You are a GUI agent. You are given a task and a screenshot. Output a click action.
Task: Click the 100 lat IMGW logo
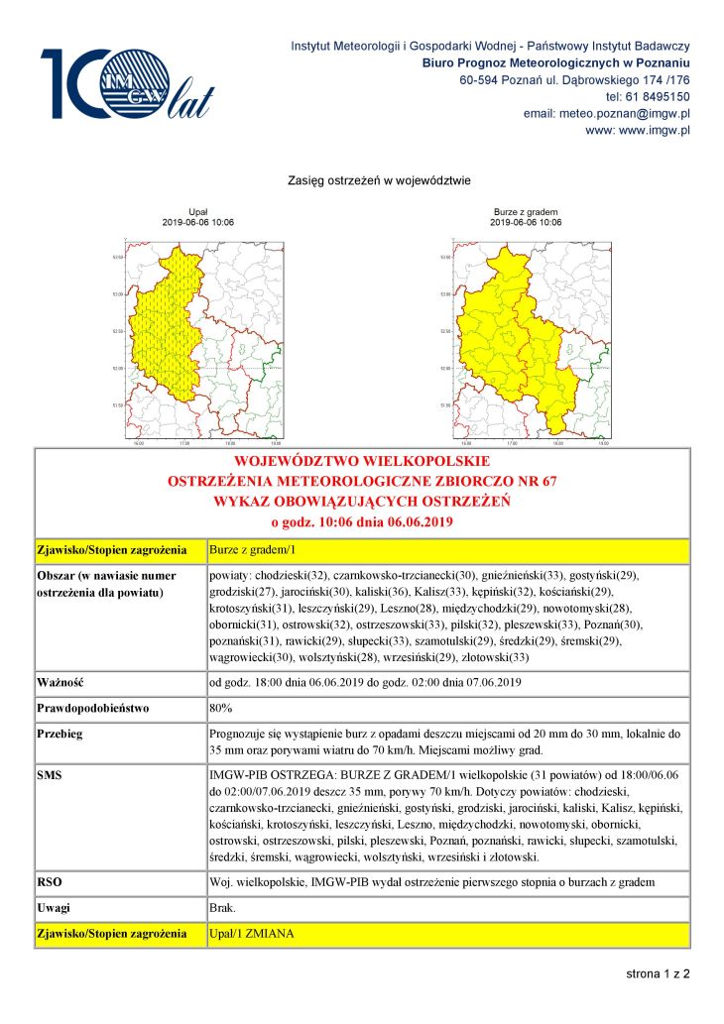click(126, 84)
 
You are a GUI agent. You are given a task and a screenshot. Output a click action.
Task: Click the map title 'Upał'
click(197, 212)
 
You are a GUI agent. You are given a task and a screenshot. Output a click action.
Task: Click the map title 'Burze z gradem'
click(525, 212)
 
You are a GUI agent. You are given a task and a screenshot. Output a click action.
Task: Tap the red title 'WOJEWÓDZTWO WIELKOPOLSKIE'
click(361, 462)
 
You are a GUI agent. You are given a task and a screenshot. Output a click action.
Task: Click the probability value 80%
click(221, 709)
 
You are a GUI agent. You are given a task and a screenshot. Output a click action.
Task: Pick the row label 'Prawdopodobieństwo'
click(92, 709)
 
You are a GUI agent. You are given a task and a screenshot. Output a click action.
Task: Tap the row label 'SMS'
click(50, 770)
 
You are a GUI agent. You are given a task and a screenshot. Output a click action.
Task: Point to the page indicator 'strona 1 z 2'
click(657, 974)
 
